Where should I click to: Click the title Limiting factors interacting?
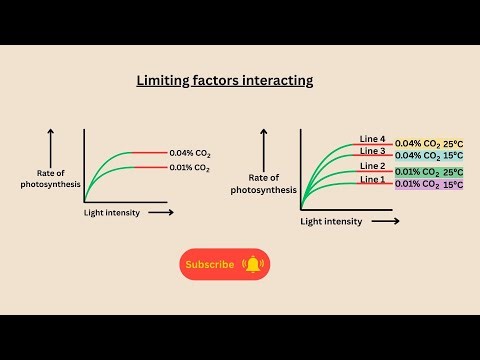coord(224,80)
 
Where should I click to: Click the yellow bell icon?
coord(253,264)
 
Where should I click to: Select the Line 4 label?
coord(372,139)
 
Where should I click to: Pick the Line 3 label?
coord(372,151)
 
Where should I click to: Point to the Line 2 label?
coord(372,166)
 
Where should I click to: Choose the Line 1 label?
coord(372,179)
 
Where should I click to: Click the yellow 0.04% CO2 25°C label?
coord(436,144)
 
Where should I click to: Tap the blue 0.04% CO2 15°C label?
coord(436,156)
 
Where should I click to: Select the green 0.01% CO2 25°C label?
coord(436,172)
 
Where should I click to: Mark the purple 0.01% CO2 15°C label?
coord(436,184)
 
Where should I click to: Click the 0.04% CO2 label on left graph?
coord(190,153)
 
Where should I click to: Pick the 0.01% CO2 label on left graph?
coord(190,167)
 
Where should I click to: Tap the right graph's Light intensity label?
coord(331,221)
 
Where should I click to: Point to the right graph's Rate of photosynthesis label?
coord(262,183)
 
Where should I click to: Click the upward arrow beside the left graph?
coord(50,144)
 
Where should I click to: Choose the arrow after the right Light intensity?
coord(385,220)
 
